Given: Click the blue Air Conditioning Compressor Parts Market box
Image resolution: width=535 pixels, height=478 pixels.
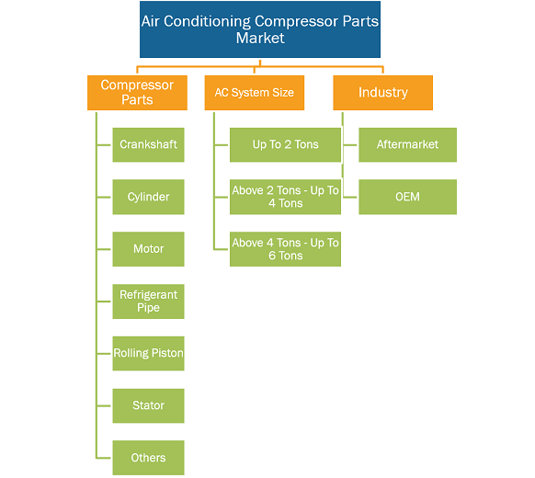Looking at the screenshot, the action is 260,29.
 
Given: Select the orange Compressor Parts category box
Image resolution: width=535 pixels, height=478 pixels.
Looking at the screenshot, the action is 137,93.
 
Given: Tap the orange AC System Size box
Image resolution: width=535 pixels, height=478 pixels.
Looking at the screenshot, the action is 255,93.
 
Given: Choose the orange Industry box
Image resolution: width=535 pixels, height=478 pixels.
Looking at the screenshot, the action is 382,93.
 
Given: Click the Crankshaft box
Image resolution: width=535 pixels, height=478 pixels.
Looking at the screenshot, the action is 148,144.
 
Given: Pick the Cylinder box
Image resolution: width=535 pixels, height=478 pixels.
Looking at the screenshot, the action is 148,197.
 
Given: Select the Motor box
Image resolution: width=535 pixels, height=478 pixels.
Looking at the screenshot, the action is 148,249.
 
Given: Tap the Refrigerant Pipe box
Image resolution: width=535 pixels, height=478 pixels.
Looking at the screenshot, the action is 148,302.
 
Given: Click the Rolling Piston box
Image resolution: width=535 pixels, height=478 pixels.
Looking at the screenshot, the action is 148,354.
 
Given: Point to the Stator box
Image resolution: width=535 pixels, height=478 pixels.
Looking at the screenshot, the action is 148,405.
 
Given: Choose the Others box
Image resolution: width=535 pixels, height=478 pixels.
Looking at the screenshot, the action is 148,458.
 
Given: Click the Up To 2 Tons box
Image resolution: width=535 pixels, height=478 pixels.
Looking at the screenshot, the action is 285,144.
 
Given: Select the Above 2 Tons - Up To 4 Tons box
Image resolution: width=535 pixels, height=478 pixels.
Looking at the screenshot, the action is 285,197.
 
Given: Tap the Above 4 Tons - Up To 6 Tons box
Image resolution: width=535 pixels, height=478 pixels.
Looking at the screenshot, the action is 285,249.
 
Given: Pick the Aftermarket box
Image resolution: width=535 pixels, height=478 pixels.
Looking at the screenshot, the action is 408,144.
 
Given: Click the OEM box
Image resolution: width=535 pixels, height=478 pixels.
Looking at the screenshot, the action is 408,197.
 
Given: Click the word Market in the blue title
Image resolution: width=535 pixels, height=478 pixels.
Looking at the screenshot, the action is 260,38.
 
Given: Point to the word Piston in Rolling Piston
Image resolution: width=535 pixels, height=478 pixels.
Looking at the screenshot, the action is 167,353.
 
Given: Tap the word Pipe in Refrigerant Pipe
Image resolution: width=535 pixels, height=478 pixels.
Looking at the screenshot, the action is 148,307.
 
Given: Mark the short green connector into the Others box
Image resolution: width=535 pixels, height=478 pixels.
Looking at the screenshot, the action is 104,458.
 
